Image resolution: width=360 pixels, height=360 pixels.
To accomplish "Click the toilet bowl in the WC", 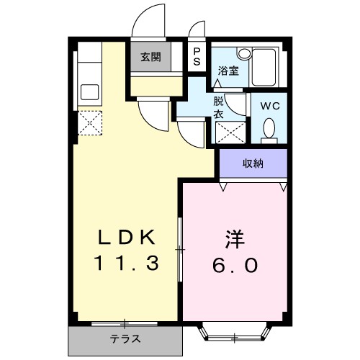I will coord(269,128).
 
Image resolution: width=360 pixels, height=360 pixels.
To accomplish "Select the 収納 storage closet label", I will coord(252,163).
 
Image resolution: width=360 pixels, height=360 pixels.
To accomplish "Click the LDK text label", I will coord(127,238).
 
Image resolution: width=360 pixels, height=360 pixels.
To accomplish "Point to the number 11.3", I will coord(127,264).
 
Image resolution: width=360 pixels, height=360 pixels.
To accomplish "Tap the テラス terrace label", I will coord(125,339).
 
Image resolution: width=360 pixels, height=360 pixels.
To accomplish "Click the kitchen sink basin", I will coord(90,92).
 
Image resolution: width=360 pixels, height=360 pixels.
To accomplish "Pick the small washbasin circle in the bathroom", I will coord(244,53).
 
